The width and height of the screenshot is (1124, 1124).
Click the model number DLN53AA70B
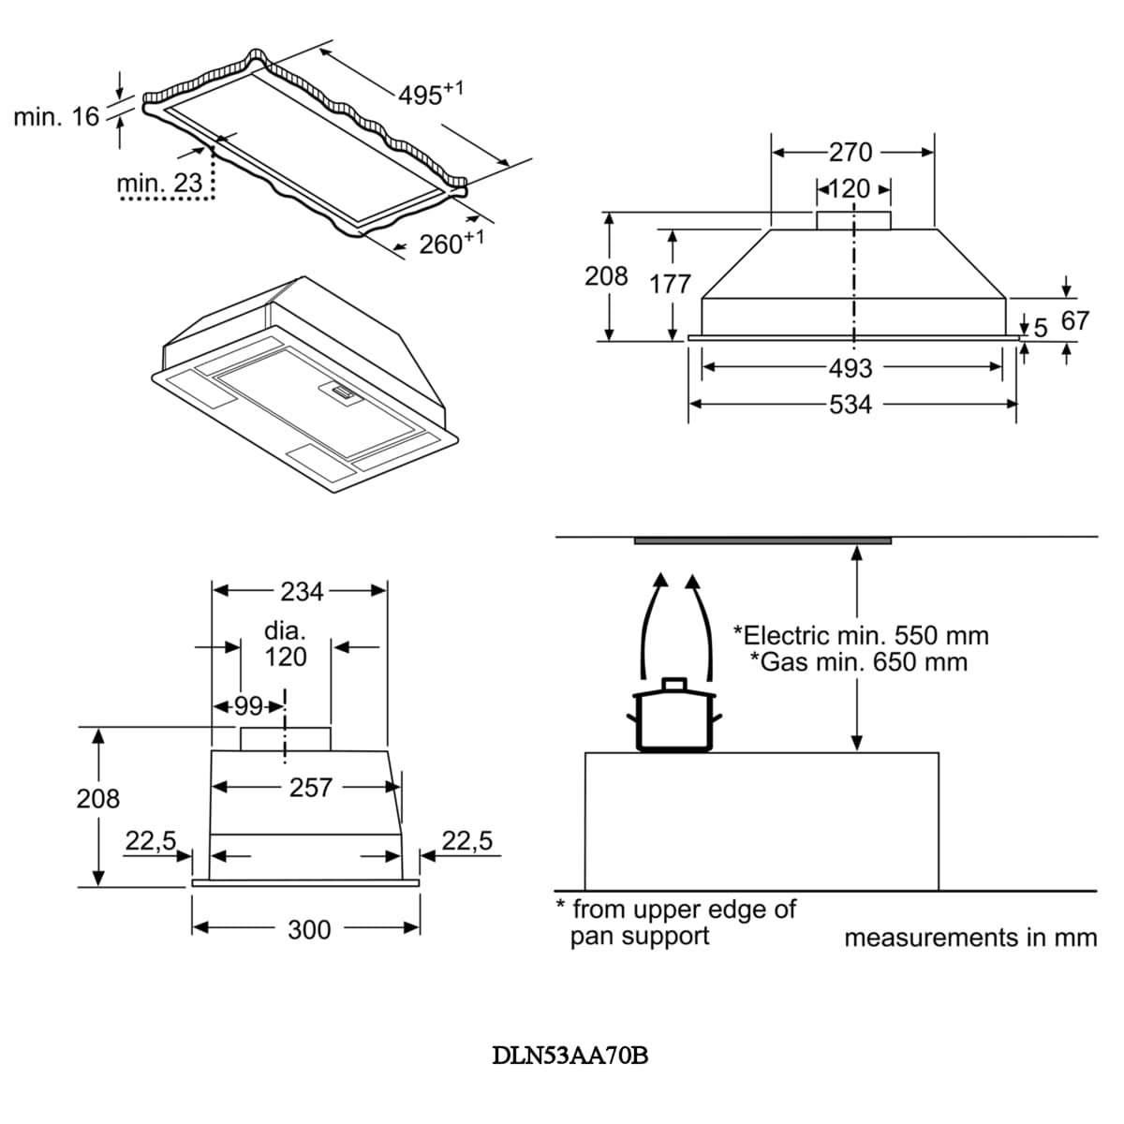coord(570,1056)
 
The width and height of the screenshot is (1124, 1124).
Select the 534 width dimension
coord(850,405)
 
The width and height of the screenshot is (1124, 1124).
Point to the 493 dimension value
coord(850,368)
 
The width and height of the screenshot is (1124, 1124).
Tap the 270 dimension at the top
coord(850,152)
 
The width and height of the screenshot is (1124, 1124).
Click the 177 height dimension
coord(670,284)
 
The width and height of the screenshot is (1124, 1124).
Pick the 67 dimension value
coord(1074,321)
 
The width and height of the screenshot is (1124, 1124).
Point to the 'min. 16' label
coord(56,117)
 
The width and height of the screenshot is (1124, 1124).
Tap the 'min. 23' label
coord(159,184)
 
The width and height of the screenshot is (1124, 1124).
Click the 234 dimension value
coord(302,591)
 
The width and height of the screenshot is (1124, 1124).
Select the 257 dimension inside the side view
coord(311,788)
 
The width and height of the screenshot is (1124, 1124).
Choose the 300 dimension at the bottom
coord(309,929)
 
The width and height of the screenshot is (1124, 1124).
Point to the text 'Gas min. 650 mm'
coord(860,662)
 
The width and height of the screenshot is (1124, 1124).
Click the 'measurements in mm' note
coord(969,938)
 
